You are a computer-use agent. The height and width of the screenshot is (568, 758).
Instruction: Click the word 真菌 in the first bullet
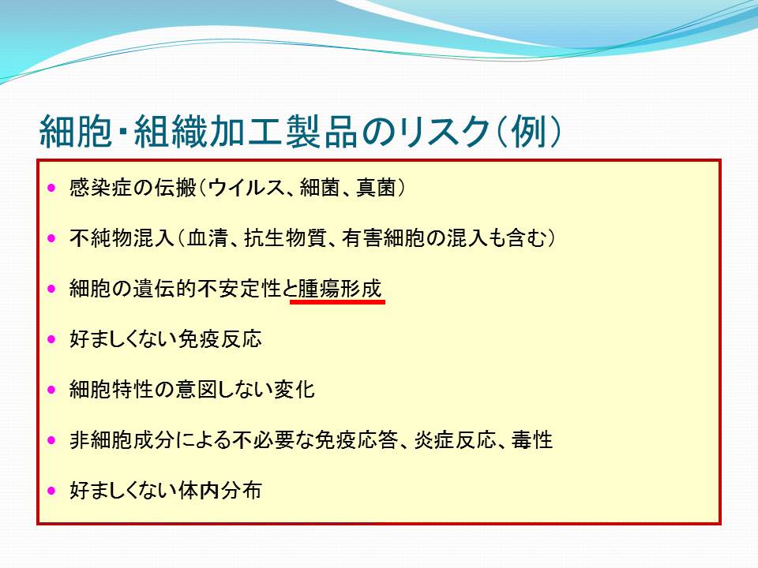(377, 188)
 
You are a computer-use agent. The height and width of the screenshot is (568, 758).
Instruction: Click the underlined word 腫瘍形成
(340, 289)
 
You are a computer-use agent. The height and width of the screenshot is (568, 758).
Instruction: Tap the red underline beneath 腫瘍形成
(337, 302)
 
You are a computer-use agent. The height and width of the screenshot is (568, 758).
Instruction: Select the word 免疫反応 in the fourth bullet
(220, 339)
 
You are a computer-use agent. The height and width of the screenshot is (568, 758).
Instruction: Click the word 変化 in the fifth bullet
(295, 389)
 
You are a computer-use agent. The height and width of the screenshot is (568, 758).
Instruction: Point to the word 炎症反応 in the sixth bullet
(456, 440)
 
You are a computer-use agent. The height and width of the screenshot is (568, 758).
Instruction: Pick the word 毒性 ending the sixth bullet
(532, 440)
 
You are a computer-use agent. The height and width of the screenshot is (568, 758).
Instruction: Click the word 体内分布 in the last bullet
(220, 490)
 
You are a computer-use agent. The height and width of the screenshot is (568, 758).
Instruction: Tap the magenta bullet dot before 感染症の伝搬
(52, 188)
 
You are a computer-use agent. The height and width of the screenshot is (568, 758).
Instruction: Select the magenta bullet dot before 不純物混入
(52, 238)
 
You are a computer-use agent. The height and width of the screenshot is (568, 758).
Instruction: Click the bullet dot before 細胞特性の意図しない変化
(52, 389)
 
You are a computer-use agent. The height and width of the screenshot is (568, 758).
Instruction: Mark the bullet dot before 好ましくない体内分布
(52, 491)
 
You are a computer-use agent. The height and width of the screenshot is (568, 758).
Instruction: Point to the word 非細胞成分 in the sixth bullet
(122, 440)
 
